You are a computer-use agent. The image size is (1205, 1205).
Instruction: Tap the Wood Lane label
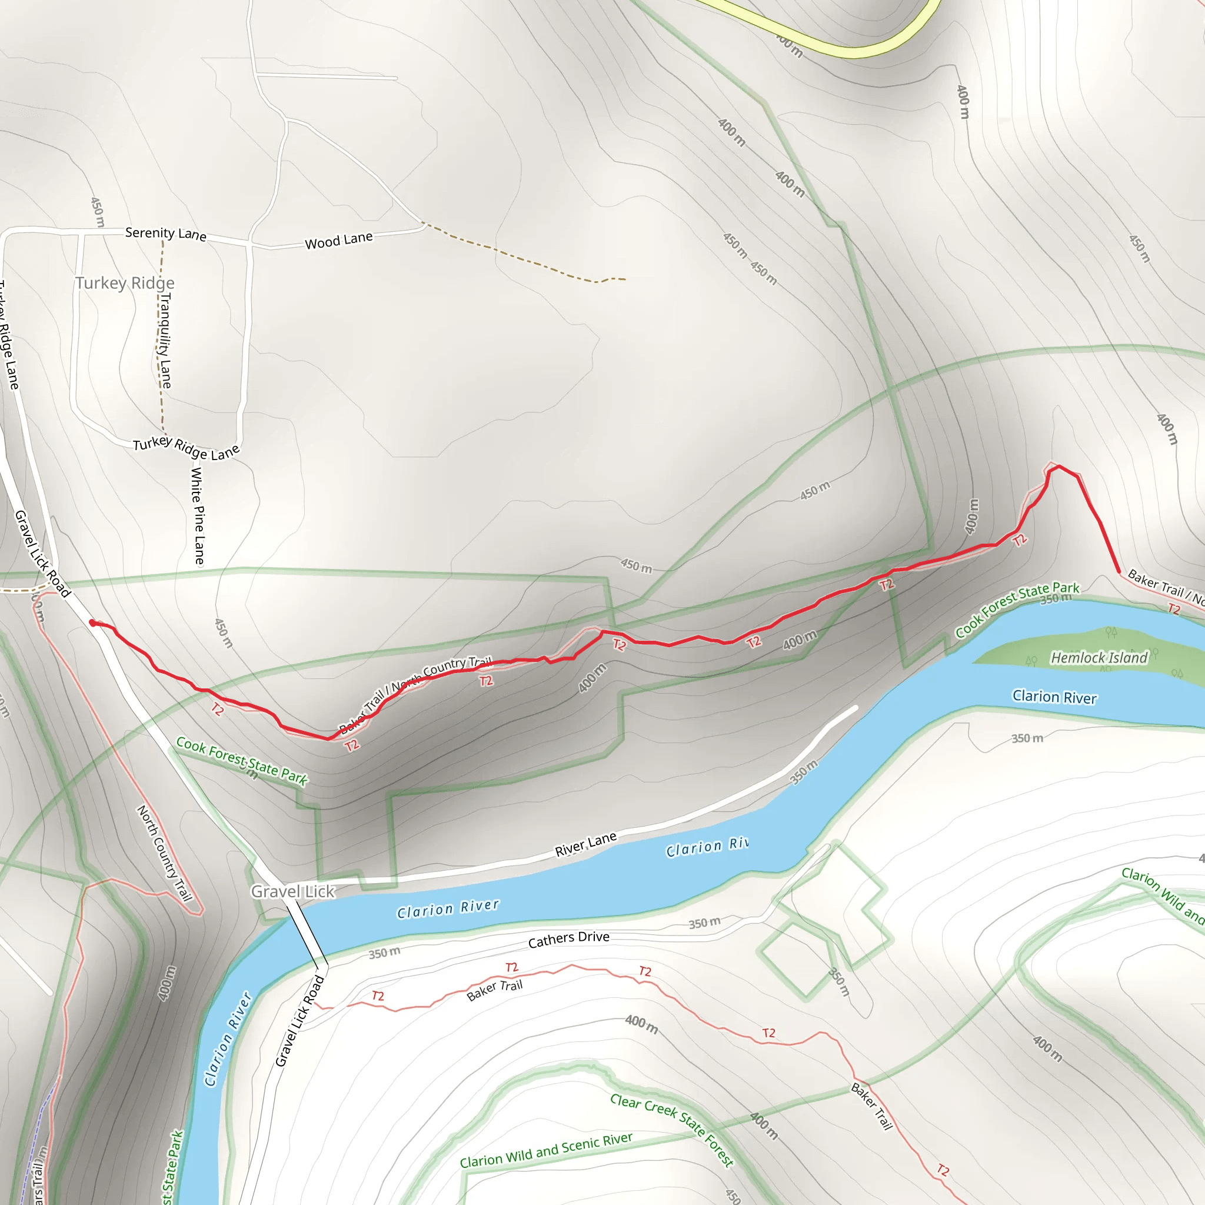point(339,240)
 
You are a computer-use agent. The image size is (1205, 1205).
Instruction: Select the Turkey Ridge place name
point(125,283)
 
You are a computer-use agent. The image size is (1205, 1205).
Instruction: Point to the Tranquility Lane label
point(164,341)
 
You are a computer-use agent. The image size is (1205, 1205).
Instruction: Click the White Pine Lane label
point(197,515)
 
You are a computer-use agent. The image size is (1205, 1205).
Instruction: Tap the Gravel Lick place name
point(292,891)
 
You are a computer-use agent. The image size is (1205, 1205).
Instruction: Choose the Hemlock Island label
point(1099,657)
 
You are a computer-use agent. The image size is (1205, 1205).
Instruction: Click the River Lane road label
point(585,844)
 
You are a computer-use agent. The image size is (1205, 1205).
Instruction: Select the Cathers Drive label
point(568,938)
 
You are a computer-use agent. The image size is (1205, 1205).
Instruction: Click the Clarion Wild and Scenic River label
point(546,1151)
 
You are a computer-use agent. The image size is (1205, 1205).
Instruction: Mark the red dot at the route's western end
point(92,623)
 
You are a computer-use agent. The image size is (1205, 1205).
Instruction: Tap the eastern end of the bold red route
point(1119,571)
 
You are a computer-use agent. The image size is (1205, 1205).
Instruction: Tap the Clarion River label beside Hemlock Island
point(1054,697)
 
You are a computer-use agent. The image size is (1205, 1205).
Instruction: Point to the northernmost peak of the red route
point(1059,466)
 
